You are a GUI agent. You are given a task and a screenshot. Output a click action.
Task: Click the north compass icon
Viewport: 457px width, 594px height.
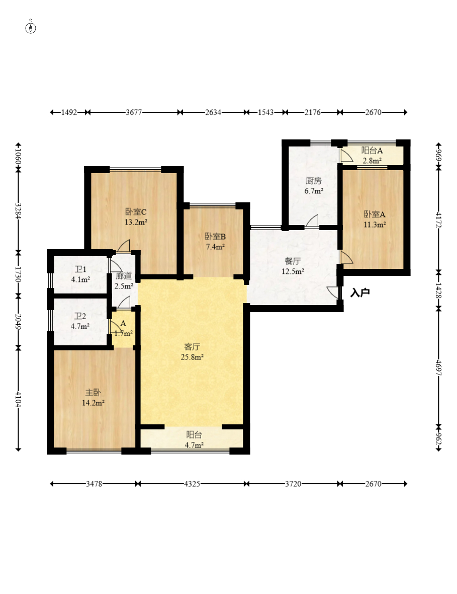(x=31, y=27)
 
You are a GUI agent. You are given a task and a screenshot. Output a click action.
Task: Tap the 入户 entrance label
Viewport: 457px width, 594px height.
(x=360, y=292)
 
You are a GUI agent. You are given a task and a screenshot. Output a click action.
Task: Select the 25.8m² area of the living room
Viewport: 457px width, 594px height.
(x=192, y=357)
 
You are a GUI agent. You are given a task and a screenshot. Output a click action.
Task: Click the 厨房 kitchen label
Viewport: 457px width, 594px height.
(x=314, y=181)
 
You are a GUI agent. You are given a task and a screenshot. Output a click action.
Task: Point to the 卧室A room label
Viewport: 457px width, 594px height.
(x=375, y=214)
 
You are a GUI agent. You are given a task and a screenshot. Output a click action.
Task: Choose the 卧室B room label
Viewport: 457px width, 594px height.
(x=215, y=237)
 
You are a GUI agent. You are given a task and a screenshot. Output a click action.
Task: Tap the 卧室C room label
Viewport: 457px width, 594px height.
(x=136, y=212)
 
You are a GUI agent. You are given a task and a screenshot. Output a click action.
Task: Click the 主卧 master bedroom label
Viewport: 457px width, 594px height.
(x=93, y=393)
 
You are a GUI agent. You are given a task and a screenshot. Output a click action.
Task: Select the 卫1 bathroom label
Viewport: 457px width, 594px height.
(x=80, y=269)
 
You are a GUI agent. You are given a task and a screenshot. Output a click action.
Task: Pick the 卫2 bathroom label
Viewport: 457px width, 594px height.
(x=80, y=316)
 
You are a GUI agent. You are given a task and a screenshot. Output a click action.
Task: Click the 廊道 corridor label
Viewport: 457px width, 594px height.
(x=124, y=276)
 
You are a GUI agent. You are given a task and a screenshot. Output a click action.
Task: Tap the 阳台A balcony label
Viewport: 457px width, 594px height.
(x=372, y=151)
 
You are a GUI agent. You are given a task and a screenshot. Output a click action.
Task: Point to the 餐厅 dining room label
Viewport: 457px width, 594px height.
(x=293, y=261)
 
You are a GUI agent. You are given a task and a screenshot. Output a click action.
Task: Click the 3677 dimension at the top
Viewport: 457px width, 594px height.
(x=134, y=112)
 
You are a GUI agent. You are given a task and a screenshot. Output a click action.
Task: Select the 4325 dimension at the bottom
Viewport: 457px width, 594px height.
(x=192, y=484)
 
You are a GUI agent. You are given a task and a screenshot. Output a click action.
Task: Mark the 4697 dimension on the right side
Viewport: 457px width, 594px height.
(x=438, y=367)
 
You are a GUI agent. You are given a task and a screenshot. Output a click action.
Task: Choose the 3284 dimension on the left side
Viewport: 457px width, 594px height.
(x=18, y=210)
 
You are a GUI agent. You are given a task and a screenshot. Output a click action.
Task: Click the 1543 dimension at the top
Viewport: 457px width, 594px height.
(x=265, y=112)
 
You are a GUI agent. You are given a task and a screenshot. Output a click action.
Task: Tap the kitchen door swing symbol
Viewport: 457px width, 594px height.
(x=312, y=220)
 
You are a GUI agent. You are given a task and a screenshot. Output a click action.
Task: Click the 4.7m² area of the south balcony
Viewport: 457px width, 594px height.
(x=194, y=445)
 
